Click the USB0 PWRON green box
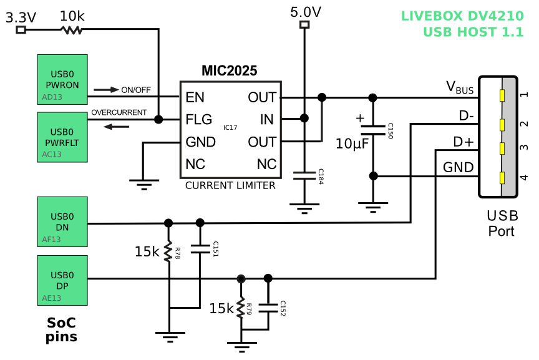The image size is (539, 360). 62,79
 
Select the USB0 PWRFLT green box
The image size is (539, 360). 62,137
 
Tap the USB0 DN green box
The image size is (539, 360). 62,222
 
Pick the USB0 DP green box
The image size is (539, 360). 62,280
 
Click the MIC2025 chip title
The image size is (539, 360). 229,71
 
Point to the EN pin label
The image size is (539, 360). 195,97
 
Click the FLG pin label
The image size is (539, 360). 198,119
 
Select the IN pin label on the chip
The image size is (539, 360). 267,119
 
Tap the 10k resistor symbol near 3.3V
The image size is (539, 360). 72,29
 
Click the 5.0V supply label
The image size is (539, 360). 306,12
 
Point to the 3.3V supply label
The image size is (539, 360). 21,17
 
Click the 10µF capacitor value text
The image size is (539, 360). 352,144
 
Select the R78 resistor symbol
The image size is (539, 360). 168,252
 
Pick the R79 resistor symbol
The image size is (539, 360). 241,308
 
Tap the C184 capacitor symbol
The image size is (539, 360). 304,176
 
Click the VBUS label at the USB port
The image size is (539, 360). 460,88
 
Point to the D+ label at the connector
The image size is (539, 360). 463,142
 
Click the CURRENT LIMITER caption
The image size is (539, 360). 230,185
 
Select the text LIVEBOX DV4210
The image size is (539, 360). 462,16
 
